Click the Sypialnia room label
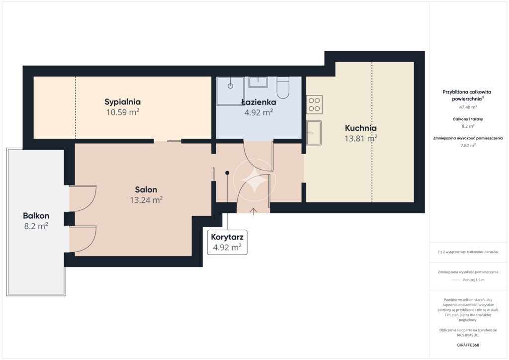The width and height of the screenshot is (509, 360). [122, 102]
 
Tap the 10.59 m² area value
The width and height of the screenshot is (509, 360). [123, 112]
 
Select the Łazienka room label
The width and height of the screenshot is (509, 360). [258, 102]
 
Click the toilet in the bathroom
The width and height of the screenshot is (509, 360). [283, 88]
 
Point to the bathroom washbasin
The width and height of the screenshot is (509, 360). [258, 82]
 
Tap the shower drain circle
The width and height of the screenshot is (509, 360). [230, 86]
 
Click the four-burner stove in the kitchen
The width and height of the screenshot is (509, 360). [314, 104]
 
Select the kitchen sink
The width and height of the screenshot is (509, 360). [314, 133]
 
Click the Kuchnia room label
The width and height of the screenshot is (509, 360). [361, 128]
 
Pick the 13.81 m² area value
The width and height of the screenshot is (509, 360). [361, 139]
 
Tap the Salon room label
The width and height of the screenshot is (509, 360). [146, 189]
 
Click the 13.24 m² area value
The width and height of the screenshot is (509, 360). [146, 200]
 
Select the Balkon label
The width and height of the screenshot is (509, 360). [36, 215]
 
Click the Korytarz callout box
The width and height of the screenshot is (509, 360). [227, 242]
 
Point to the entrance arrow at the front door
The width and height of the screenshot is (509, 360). [254, 211]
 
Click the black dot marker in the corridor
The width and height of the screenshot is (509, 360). [227, 173]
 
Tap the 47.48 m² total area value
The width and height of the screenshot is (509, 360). [468, 107]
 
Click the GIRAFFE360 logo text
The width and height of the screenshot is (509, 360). [468, 345]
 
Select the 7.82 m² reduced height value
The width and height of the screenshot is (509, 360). [468, 145]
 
